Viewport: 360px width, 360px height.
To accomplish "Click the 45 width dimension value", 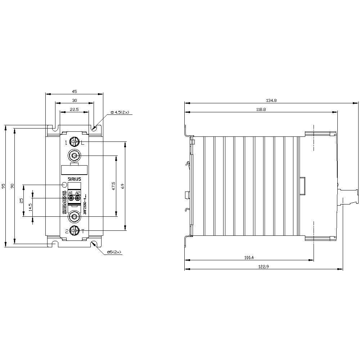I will [75, 91].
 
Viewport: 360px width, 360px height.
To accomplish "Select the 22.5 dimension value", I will [75, 110].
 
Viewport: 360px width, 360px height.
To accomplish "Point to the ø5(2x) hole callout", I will [115, 253].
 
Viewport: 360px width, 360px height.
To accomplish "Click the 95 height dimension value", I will [3, 186].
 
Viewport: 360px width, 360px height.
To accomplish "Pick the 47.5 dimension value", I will [113, 186].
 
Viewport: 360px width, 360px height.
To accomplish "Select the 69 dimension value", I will [122, 186].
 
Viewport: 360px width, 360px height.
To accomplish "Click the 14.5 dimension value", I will [30, 207].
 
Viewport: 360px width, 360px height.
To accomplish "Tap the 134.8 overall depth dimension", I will [271, 101].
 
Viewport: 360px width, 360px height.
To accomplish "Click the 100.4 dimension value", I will [249, 257].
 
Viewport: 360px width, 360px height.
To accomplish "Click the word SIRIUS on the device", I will [75, 179].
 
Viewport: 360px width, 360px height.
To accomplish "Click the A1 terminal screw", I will [71, 198].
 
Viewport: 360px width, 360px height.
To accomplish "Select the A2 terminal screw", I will [77, 198].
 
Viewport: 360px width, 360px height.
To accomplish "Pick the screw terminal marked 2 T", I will [74, 230].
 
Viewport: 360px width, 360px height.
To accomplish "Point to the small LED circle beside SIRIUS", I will [64, 185].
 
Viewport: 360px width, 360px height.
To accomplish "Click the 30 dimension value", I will [75, 101].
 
